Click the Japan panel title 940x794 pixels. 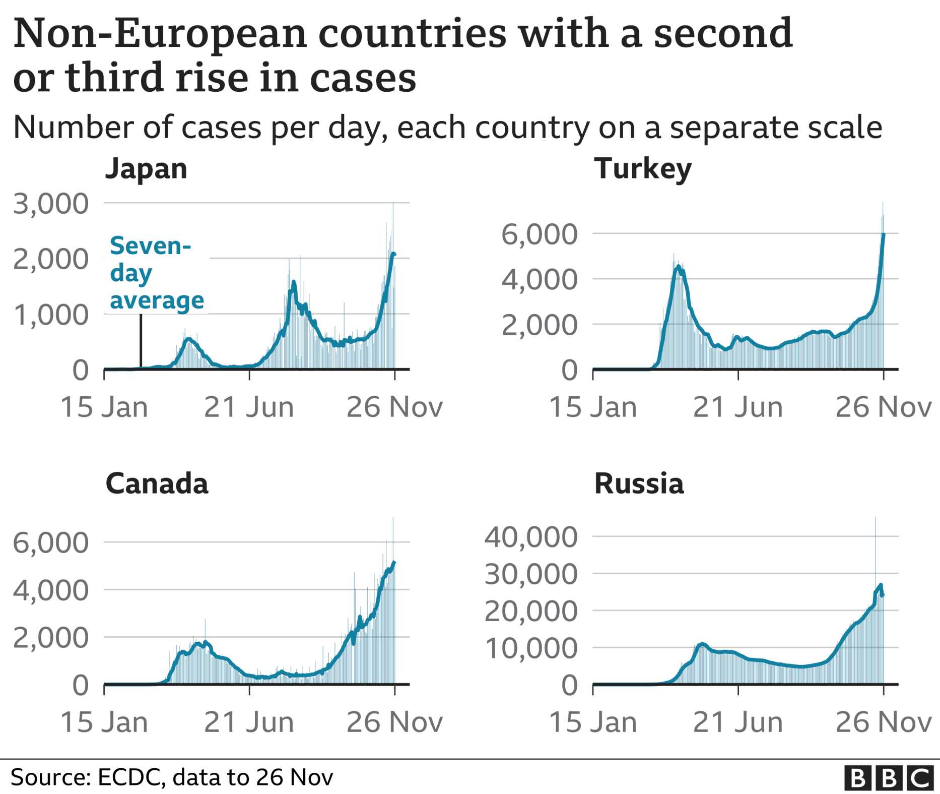click(146, 169)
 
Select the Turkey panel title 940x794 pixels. click(643, 169)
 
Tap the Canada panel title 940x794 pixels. click(157, 484)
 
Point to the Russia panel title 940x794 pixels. click(639, 484)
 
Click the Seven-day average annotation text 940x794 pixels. click(157, 273)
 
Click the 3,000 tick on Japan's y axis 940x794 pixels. click(51, 204)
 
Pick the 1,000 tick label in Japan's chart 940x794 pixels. click(51, 316)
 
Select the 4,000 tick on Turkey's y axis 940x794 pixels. click(540, 279)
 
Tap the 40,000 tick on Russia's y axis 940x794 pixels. click(531, 537)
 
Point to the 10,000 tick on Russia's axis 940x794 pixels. click(531, 648)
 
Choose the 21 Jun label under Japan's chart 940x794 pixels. click(249, 407)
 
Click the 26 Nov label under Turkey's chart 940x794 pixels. click(884, 407)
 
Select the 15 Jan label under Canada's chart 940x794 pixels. click(104, 722)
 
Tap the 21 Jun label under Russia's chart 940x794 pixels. click(738, 722)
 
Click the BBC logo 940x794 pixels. click(889, 777)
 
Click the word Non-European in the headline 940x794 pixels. click(160, 34)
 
